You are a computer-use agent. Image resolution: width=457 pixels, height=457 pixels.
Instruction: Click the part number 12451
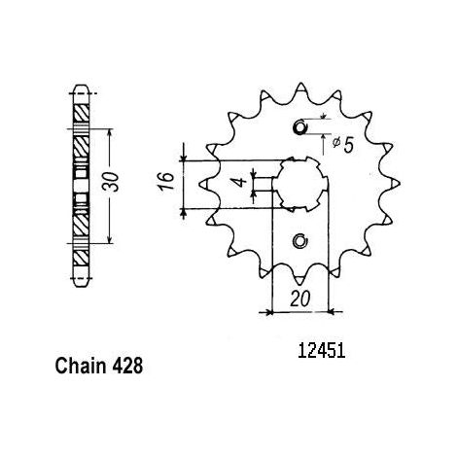click(321, 351)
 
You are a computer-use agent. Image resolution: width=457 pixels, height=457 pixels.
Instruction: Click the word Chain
click(81, 367)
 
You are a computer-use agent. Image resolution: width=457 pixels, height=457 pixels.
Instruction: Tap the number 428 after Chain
click(127, 367)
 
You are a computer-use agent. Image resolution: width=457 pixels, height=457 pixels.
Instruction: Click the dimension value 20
click(300, 299)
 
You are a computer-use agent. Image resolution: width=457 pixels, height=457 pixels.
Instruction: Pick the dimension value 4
click(241, 182)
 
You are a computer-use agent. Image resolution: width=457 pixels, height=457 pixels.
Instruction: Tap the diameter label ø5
click(342, 145)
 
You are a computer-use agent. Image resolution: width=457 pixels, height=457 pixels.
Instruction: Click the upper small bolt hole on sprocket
click(299, 126)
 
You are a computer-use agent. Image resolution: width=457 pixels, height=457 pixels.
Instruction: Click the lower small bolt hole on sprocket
click(300, 241)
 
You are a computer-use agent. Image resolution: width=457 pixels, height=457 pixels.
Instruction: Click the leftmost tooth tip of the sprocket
click(199, 184)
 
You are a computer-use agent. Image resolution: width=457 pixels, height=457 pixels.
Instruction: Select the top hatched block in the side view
click(81, 113)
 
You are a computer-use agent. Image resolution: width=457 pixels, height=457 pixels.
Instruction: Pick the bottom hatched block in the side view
click(81, 258)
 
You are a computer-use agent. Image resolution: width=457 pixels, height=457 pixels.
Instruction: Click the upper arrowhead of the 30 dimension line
click(110, 132)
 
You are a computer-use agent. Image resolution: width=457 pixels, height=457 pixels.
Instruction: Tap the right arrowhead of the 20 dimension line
click(332, 312)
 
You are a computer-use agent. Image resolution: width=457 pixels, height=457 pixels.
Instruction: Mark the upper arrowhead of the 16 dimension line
click(184, 158)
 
